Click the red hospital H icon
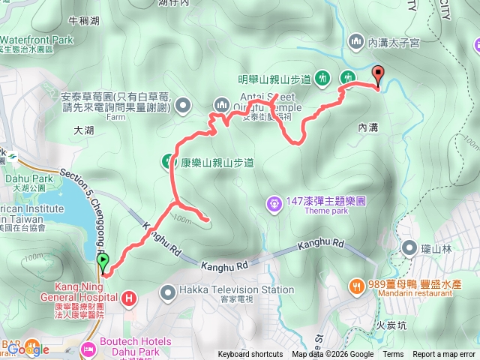(129, 298)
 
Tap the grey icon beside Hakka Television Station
(167, 290)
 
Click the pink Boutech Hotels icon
(88, 349)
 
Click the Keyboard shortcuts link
(250, 355)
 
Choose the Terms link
(393, 355)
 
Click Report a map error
(444, 355)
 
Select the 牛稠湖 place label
(82, 21)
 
